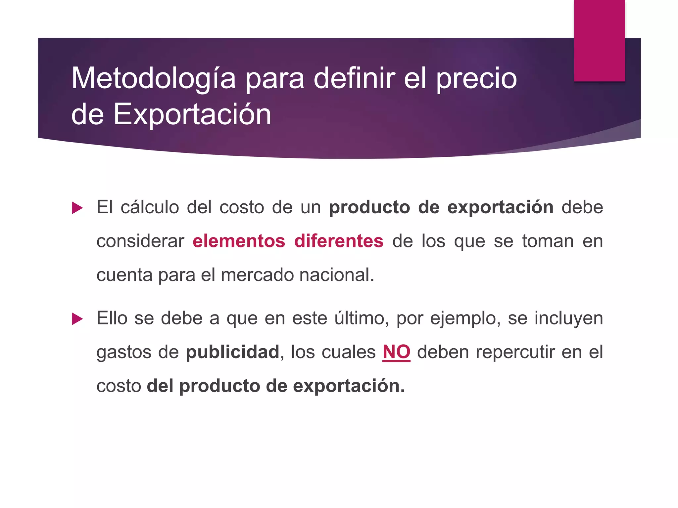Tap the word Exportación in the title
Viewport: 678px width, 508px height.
pyautogui.click(x=192, y=114)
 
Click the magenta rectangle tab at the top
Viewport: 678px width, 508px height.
pyautogui.click(x=599, y=40)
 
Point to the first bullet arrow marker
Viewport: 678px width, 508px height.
pyautogui.click(x=77, y=208)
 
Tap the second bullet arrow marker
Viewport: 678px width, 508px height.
pyautogui.click(x=77, y=319)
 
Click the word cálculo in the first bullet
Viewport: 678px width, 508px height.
pyautogui.click(x=150, y=207)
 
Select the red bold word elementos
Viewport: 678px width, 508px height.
pyautogui.click(x=239, y=241)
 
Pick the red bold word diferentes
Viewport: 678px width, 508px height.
pyautogui.click(x=339, y=241)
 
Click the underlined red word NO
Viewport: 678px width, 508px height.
pyautogui.click(x=396, y=352)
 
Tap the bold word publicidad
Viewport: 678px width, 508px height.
pyautogui.click(x=232, y=352)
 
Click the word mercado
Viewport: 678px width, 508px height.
pyautogui.click(x=257, y=275)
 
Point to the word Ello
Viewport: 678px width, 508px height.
pyautogui.click(x=112, y=318)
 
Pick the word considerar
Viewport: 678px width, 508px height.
pyautogui.click(x=140, y=241)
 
